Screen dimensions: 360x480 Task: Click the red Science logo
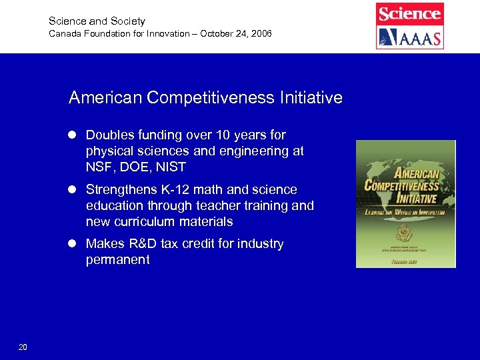click(409, 13)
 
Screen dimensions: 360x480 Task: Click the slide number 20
click(23, 347)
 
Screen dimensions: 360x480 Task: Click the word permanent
click(117, 260)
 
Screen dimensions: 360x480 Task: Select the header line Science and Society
click(97, 21)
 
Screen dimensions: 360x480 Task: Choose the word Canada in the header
click(65, 33)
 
